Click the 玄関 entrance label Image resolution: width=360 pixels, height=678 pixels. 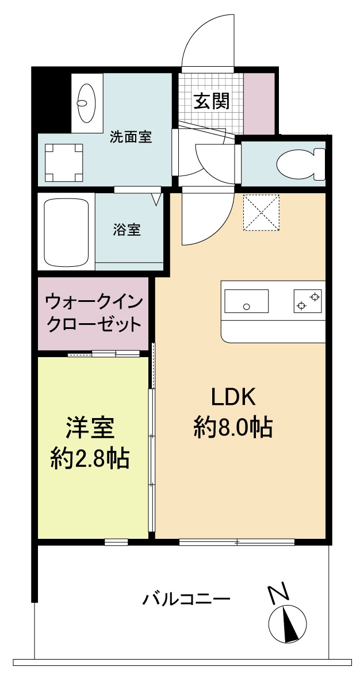pyautogui.click(x=211, y=101)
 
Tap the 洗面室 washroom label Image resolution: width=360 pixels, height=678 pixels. pyautogui.click(x=131, y=137)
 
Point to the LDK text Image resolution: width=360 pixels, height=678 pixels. pyautogui.click(x=233, y=397)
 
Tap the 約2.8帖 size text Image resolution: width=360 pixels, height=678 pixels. pyautogui.click(x=90, y=458)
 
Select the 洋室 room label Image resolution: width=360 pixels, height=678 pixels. pyautogui.click(x=89, y=428)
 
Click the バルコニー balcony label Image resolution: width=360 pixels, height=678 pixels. pyautogui.click(x=186, y=600)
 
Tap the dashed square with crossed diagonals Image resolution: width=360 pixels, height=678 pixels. pyautogui.click(x=261, y=212)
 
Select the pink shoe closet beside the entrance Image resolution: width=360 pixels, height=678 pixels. pyautogui.click(x=259, y=102)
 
